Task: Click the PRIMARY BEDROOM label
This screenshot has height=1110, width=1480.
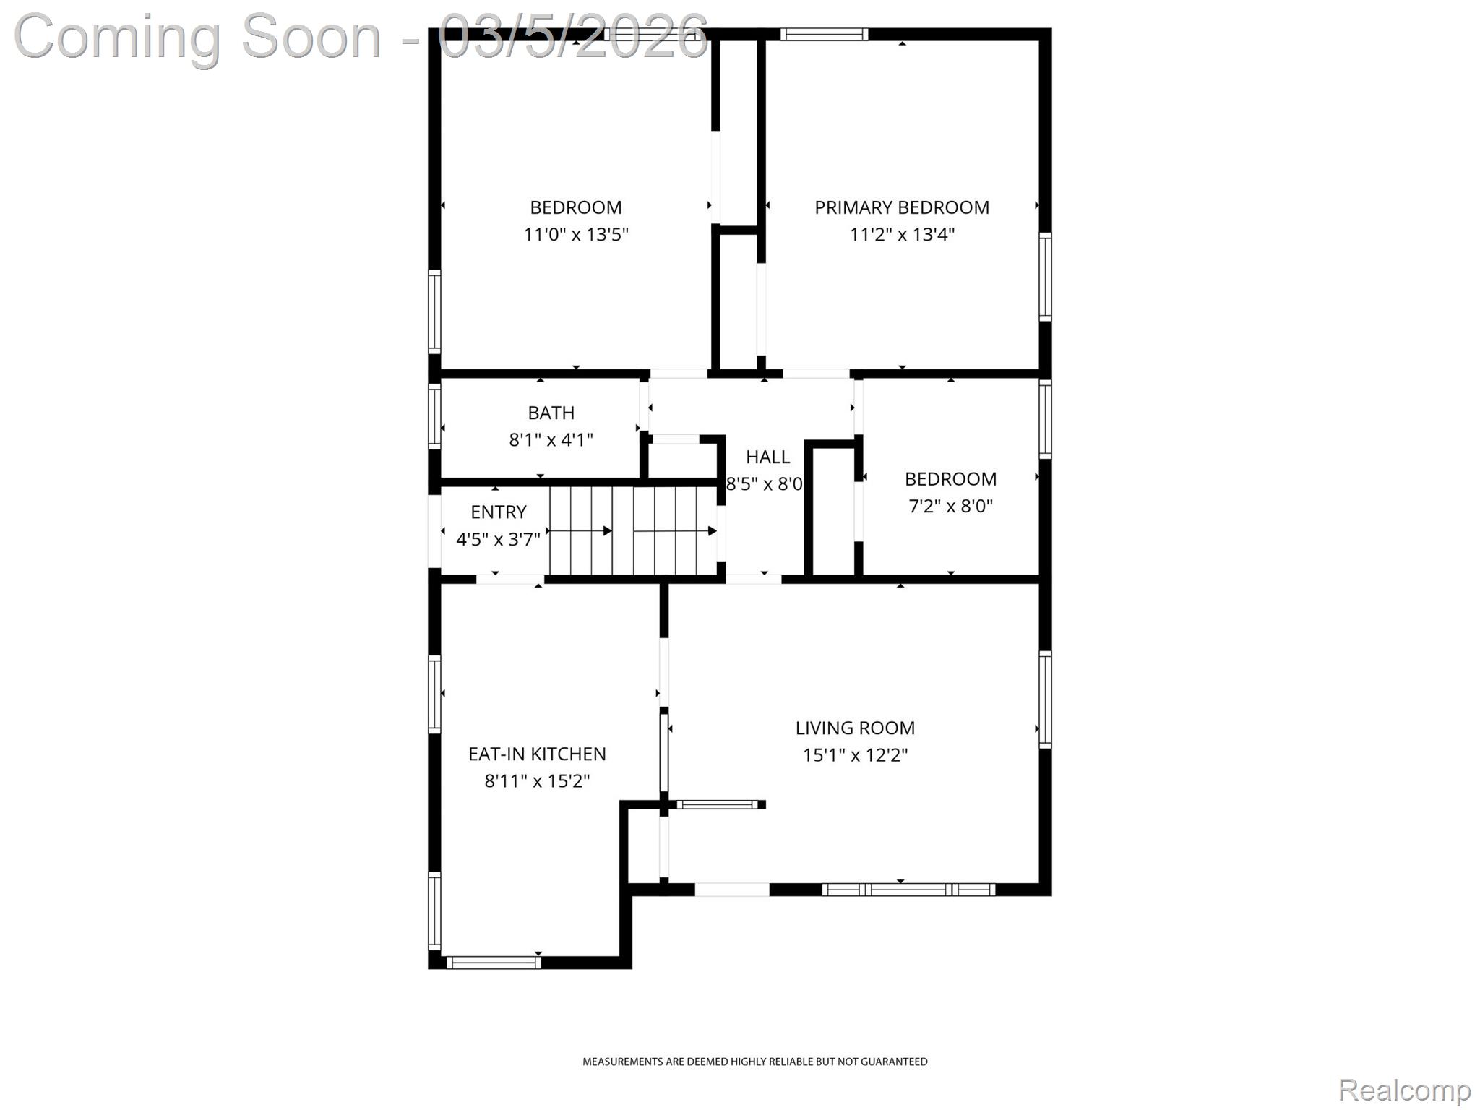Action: (x=901, y=207)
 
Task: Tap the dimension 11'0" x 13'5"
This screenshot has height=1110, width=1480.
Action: (x=576, y=234)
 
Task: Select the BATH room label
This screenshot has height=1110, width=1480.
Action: (x=551, y=413)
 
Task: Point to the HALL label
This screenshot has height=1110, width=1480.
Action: (x=767, y=457)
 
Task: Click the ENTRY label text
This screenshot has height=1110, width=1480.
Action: (x=498, y=512)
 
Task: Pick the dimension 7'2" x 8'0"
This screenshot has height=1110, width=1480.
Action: (x=950, y=506)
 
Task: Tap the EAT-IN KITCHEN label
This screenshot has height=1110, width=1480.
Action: (x=537, y=754)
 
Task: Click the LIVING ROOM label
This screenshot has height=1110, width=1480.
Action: (x=855, y=728)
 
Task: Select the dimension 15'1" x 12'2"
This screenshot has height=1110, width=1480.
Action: (x=855, y=755)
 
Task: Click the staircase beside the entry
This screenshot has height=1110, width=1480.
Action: (x=633, y=530)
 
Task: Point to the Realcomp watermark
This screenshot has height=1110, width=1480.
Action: (x=1404, y=1090)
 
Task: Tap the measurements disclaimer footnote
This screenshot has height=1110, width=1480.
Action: (x=754, y=1062)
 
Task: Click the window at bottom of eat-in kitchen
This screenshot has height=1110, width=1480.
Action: (x=494, y=962)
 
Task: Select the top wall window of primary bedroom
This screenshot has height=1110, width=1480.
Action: (x=824, y=34)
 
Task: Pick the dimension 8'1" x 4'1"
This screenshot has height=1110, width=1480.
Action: (x=551, y=439)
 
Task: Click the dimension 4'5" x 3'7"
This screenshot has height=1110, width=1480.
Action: (x=498, y=539)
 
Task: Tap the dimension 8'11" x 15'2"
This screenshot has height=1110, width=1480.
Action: (x=537, y=781)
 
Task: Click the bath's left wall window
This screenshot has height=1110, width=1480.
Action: (x=434, y=416)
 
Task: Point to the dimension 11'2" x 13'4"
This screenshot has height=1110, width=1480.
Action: (x=901, y=234)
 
